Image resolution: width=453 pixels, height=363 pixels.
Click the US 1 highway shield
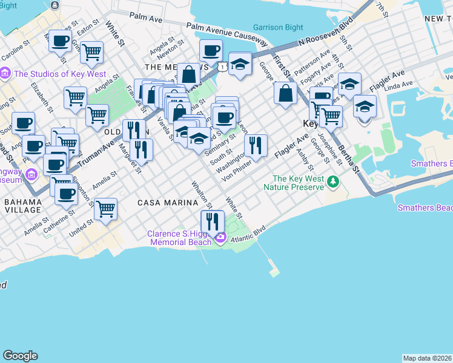[223, 67]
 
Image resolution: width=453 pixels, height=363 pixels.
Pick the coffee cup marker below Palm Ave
[211, 50]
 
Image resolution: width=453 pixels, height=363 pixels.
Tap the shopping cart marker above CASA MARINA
[105, 209]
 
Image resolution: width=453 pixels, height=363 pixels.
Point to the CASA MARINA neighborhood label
[161, 203]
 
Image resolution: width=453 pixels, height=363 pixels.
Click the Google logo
[20, 356]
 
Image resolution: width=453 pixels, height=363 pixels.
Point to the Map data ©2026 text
[427, 358]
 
